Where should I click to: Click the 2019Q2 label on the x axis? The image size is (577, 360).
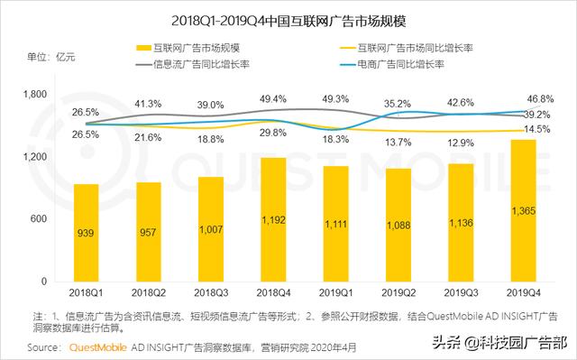pyautogui.click(x=398, y=293)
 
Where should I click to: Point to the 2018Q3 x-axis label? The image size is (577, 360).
pyautogui.click(x=211, y=293)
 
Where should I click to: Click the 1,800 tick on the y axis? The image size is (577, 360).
pyautogui.click(x=33, y=95)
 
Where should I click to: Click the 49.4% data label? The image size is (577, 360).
pyautogui.click(x=273, y=97)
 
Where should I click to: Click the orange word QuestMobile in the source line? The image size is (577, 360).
pyautogui.click(x=97, y=346)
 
